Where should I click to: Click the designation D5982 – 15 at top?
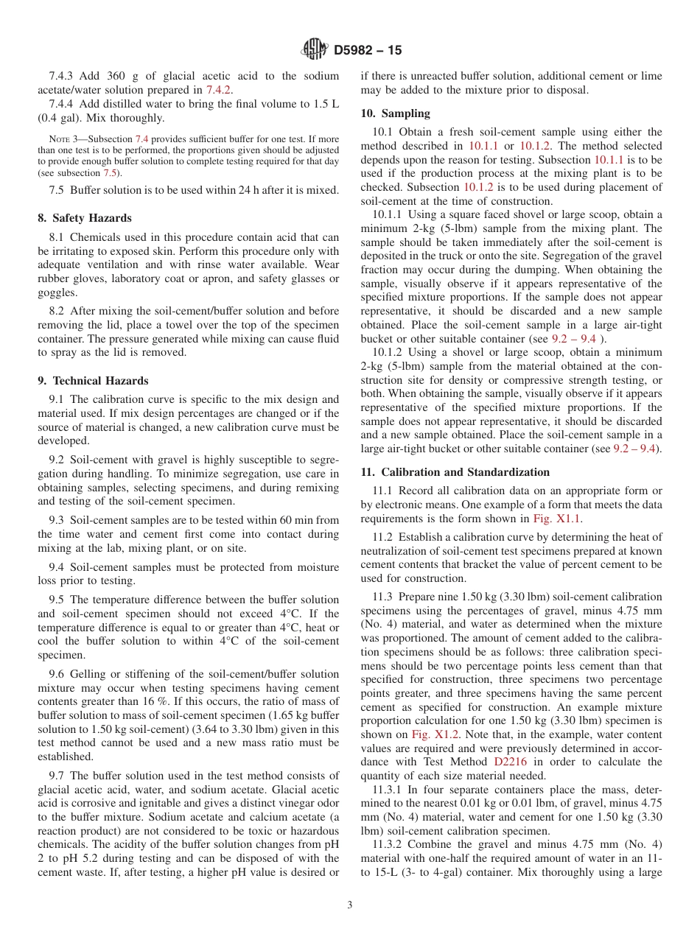tap(368, 50)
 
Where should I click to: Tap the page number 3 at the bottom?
tap(349, 905)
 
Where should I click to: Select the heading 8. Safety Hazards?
tap(85, 218)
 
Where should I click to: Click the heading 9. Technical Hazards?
tap(93, 381)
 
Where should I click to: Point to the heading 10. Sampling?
tap(395, 113)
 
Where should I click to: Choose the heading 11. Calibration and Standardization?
tap(455, 472)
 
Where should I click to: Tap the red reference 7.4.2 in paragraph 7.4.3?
tap(220, 89)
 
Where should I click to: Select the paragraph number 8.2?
tap(57, 312)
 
